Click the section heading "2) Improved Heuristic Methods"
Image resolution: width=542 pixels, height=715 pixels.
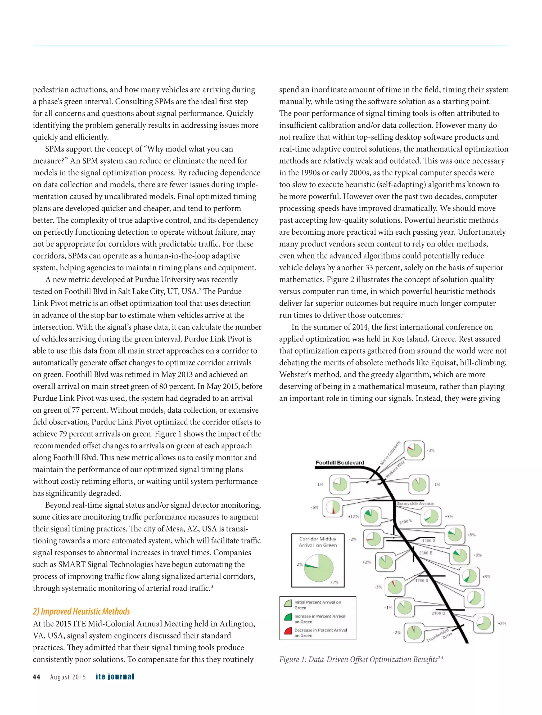(x=82, y=611)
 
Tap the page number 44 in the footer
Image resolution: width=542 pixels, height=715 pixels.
(x=37, y=677)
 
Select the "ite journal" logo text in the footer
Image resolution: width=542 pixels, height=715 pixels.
(x=115, y=677)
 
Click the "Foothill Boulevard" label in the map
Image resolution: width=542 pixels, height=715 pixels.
(x=340, y=463)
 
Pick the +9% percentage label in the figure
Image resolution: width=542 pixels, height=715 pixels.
(x=477, y=555)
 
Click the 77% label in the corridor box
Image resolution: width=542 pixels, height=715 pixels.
(x=334, y=582)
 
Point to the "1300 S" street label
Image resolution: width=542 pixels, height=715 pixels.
(x=429, y=540)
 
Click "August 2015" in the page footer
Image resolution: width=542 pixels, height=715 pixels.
(x=68, y=677)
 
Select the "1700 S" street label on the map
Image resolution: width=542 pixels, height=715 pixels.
(x=422, y=580)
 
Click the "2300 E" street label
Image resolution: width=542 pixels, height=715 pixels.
(x=426, y=553)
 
